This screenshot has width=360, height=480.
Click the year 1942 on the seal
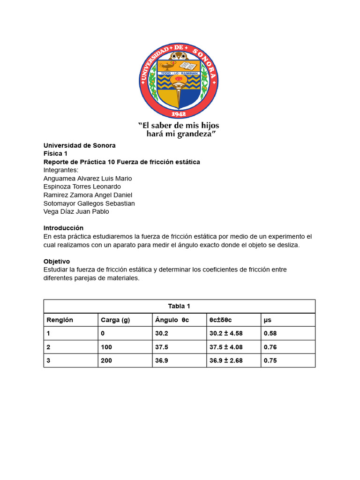click(179, 113)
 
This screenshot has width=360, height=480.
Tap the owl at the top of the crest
click(179, 55)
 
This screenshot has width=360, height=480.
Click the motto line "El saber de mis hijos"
click(178, 126)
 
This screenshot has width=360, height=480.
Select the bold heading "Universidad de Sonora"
click(79, 145)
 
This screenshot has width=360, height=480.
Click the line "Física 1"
click(55, 154)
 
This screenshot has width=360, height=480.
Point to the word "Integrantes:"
click(61, 170)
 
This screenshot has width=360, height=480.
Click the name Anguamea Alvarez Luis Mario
click(88, 179)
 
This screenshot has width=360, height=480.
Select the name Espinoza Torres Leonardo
click(82, 187)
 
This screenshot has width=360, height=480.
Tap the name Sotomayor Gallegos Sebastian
click(89, 203)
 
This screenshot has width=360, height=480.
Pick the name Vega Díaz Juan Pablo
click(76, 211)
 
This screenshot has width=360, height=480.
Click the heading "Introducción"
click(63, 228)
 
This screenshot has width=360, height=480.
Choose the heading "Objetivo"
click(57, 261)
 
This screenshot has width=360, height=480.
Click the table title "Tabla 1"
click(179, 306)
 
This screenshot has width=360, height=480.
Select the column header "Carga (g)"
click(115, 320)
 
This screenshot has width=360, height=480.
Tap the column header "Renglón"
click(60, 320)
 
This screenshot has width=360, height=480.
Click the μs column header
click(268, 320)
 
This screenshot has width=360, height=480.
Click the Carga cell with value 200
click(106, 361)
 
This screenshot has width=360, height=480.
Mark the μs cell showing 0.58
click(270, 334)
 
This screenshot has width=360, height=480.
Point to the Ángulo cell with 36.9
click(162, 361)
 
